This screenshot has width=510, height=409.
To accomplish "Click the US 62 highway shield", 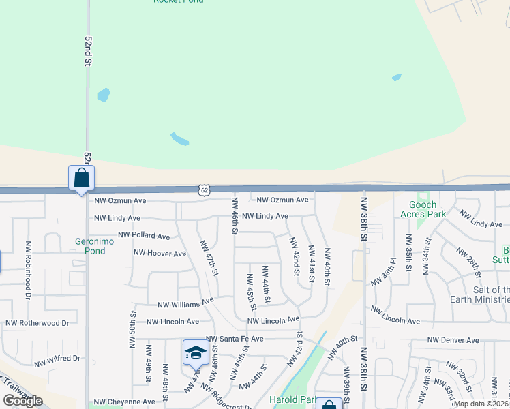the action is pos(205,190).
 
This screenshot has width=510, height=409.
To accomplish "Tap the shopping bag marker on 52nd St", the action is pos(81,179).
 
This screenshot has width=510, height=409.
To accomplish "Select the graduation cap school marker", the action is pos(195,352).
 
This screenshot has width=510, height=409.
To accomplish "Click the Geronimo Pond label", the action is pos(90,245).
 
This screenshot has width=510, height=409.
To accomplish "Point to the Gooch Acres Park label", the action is pos(427,209).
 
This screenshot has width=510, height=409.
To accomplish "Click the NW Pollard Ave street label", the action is pos(144,236).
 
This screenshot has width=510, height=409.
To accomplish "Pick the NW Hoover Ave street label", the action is pos(160,254).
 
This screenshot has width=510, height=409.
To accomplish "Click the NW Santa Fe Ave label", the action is pos(234,339).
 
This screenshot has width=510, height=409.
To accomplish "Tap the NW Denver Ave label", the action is pos(453,340).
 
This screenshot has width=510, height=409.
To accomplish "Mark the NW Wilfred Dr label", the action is pos(53,358).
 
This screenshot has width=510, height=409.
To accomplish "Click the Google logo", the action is pos(22,401).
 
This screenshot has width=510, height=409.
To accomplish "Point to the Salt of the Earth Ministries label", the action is pos(479,294).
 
